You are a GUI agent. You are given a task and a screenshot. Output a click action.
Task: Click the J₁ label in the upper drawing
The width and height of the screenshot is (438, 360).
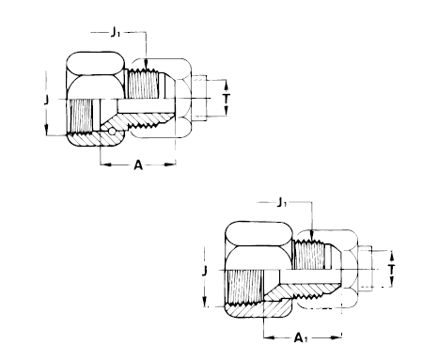pyautogui.click(x=115, y=32)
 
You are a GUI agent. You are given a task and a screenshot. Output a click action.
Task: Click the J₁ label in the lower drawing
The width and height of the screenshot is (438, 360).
pyautogui.click(x=282, y=203)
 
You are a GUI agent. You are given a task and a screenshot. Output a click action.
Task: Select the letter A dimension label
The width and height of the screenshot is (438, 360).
pyautogui.click(x=138, y=164)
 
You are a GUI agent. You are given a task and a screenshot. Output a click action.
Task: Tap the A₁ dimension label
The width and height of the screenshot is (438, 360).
pyautogui.click(x=301, y=337)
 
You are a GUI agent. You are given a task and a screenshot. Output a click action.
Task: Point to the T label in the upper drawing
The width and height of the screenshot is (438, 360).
pyautogui.click(x=227, y=98)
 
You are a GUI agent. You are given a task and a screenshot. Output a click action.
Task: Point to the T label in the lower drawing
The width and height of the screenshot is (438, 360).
pyautogui.click(x=391, y=270)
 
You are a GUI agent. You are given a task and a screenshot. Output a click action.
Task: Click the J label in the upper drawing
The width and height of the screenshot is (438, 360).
pyautogui.click(x=46, y=100)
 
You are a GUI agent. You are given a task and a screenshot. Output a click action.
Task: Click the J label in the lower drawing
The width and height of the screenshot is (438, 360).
pyautogui.click(x=204, y=271)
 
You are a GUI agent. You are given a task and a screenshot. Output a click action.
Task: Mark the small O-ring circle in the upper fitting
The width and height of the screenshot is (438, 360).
pyautogui.click(x=112, y=132)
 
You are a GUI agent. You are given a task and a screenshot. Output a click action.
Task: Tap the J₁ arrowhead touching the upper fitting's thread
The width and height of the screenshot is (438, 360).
pyautogui.click(x=146, y=64)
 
